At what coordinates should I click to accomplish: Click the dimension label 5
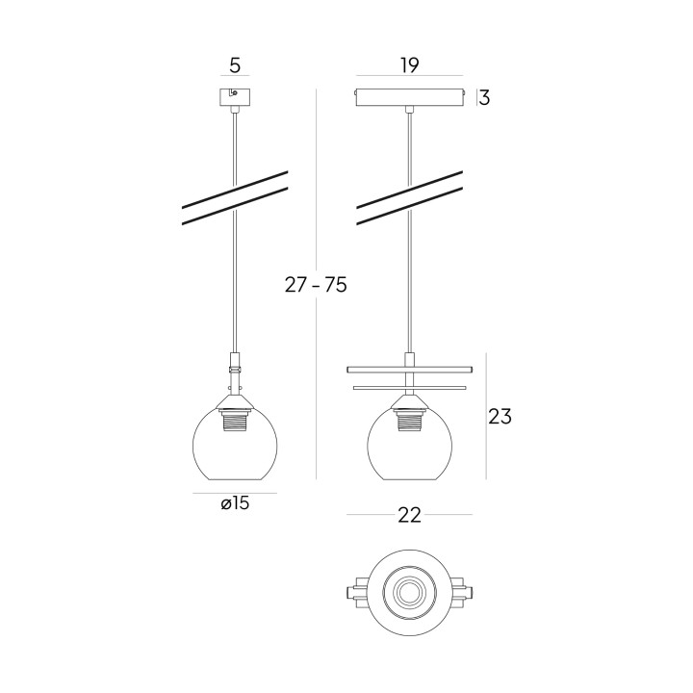click(x=235, y=65)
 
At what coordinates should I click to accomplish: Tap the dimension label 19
click(x=409, y=65)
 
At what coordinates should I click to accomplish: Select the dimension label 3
click(x=484, y=97)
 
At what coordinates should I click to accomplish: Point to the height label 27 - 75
click(x=316, y=285)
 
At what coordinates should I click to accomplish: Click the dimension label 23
click(x=500, y=417)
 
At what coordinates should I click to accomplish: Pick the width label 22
click(x=409, y=515)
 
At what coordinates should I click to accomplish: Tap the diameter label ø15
click(x=235, y=503)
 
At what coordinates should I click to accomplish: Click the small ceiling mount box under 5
click(x=235, y=98)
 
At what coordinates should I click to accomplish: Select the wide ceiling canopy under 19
click(x=410, y=98)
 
